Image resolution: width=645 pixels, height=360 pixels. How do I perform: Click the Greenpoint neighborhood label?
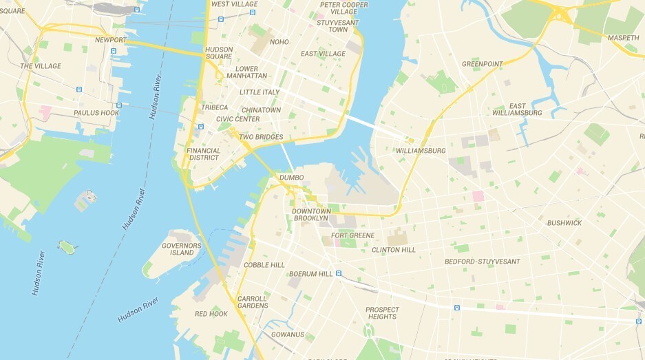click(x=482, y=64)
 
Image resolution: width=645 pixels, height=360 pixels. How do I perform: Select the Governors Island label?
click(x=182, y=249)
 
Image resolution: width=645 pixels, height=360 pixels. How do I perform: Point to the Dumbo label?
click(x=291, y=178)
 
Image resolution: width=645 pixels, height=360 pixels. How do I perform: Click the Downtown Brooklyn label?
click(x=311, y=215)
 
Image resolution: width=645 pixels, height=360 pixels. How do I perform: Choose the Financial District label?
click(x=204, y=154)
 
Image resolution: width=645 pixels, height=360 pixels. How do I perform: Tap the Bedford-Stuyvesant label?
click(x=482, y=262)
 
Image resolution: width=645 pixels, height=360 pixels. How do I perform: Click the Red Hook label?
click(x=211, y=314)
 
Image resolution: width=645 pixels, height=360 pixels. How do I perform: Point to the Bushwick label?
click(x=564, y=223)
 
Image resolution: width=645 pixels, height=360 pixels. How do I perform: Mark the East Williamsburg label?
click(x=518, y=109)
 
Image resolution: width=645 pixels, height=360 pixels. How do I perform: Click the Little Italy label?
click(x=260, y=92)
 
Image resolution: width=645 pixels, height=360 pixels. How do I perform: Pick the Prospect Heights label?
click(x=381, y=313)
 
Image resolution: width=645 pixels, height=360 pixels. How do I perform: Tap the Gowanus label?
click(x=287, y=335)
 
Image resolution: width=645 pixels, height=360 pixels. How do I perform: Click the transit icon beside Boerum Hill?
click(x=339, y=274)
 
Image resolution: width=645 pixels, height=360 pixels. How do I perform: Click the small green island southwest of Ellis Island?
click(x=66, y=245)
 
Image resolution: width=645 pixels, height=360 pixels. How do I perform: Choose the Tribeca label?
click(x=214, y=107)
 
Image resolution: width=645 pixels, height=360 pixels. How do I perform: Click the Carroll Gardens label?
click(x=253, y=302)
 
